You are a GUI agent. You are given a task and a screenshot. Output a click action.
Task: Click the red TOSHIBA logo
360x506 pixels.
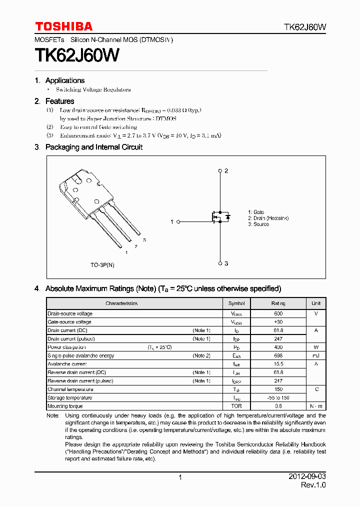(x=63, y=26)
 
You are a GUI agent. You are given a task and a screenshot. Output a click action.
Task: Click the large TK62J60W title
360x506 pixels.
(x=76, y=55)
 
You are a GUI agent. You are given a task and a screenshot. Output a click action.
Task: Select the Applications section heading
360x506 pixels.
(x=64, y=80)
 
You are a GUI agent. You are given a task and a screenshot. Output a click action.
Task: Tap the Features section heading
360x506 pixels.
(x=59, y=101)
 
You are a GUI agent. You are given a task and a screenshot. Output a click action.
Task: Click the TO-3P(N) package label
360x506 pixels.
(x=102, y=265)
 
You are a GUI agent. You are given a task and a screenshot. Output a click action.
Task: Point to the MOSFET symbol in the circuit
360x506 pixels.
(x=219, y=217)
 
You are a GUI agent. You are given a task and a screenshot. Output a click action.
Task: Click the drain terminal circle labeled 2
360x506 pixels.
(x=220, y=171)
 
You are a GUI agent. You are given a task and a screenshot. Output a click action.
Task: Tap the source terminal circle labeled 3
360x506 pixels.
(x=220, y=263)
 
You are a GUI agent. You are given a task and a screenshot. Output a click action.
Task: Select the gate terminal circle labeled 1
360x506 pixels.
(x=178, y=221)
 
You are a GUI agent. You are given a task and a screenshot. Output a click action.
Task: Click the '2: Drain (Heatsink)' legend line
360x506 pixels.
(x=268, y=218)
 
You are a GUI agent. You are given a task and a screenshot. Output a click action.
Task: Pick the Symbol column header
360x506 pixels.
(x=236, y=303)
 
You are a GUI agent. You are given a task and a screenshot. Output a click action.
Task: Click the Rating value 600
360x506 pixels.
(x=278, y=314)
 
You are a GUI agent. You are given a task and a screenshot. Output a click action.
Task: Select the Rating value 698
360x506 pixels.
(x=278, y=356)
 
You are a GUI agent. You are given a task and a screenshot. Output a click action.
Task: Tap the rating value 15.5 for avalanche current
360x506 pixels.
(x=278, y=364)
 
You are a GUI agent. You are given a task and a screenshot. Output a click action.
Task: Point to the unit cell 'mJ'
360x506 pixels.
(x=316, y=356)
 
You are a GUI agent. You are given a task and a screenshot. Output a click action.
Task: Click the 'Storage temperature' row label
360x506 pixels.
(x=70, y=398)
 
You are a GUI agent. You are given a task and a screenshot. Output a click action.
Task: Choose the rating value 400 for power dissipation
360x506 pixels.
(x=278, y=347)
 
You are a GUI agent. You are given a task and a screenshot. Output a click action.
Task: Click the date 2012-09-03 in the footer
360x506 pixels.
(x=307, y=477)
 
